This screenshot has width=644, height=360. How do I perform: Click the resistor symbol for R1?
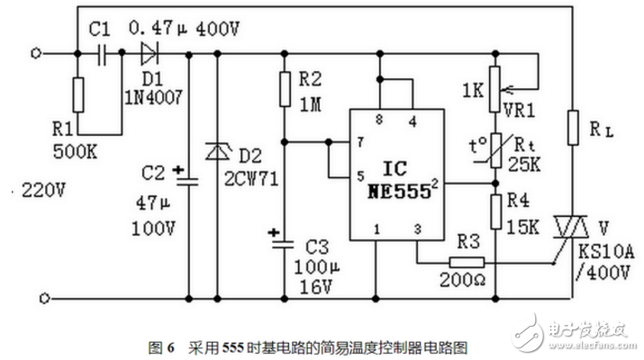click(78, 92)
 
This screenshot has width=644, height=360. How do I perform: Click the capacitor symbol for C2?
click(188, 176)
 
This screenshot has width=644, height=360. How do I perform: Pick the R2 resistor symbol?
click(284, 88)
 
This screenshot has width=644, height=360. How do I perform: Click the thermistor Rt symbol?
click(494, 149)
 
